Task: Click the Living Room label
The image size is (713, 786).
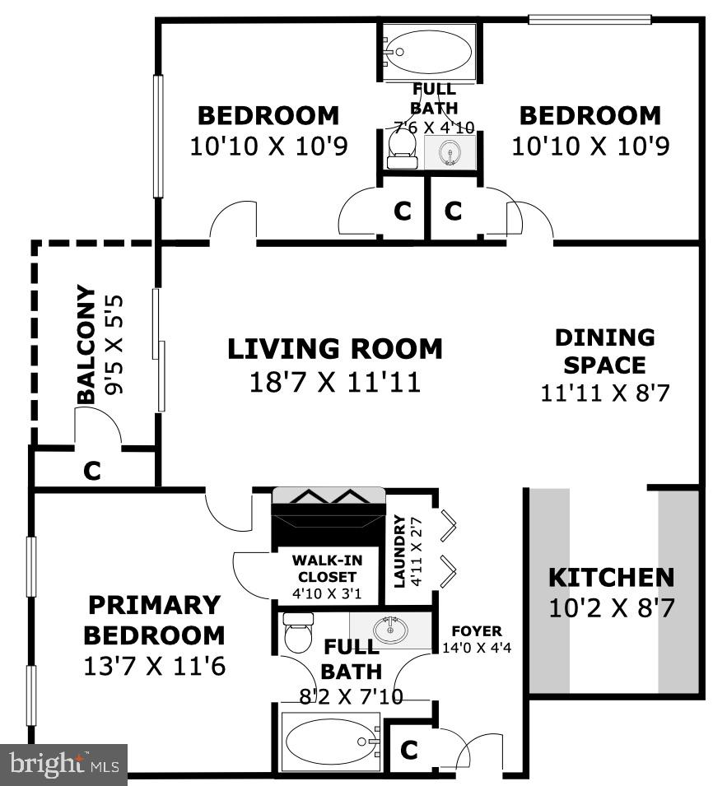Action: (334, 349)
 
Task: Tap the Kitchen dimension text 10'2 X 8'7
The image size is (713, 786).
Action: (612, 609)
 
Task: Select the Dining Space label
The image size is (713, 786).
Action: (604, 351)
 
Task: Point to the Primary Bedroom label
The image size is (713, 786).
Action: (155, 620)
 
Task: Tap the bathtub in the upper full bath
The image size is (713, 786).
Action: (427, 51)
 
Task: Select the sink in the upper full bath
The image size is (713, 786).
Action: (450, 152)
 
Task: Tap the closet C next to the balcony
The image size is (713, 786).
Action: (93, 472)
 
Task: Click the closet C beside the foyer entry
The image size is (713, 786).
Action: (409, 750)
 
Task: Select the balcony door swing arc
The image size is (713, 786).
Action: (100, 426)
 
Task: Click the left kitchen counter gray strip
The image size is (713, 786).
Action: (548, 591)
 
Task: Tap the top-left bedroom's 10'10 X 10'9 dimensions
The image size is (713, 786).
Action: (268, 147)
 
